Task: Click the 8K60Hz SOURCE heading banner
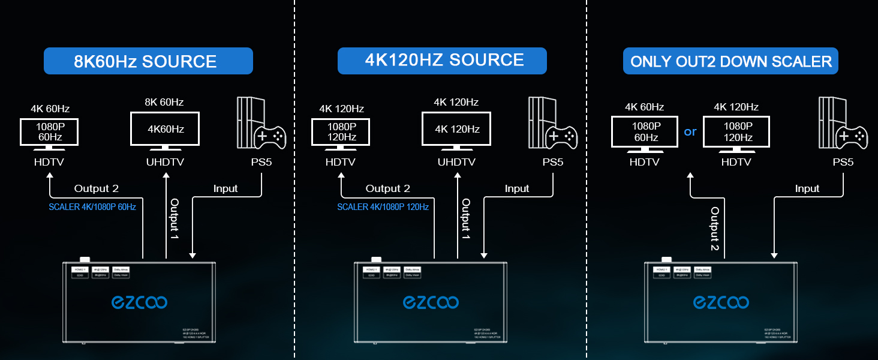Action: pyautogui.click(x=148, y=61)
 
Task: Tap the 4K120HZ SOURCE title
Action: pyautogui.click(x=442, y=61)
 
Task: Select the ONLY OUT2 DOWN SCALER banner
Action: pyautogui.click(x=730, y=61)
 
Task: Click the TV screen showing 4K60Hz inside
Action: pyautogui.click(x=166, y=129)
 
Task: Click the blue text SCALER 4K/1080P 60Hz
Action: pyautogui.click(x=92, y=207)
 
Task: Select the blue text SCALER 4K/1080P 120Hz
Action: pyautogui.click(x=383, y=207)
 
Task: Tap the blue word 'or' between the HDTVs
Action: pyautogui.click(x=690, y=131)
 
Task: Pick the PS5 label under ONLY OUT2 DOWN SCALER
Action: pyautogui.click(x=843, y=162)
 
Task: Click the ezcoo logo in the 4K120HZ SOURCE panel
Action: pyautogui.click(x=431, y=302)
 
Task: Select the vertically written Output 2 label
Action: pyautogui.click(x=714, y=229)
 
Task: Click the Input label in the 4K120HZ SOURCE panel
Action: pyautogui.click(x=516, y=188)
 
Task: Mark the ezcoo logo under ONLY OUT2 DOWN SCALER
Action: pyautogui.click(x=721, y=302)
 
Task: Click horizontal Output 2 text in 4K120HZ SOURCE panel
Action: pyautogui.click(x=387, y=188)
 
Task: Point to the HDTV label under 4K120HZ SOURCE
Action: pyautogui.click(x=341, y=162)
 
